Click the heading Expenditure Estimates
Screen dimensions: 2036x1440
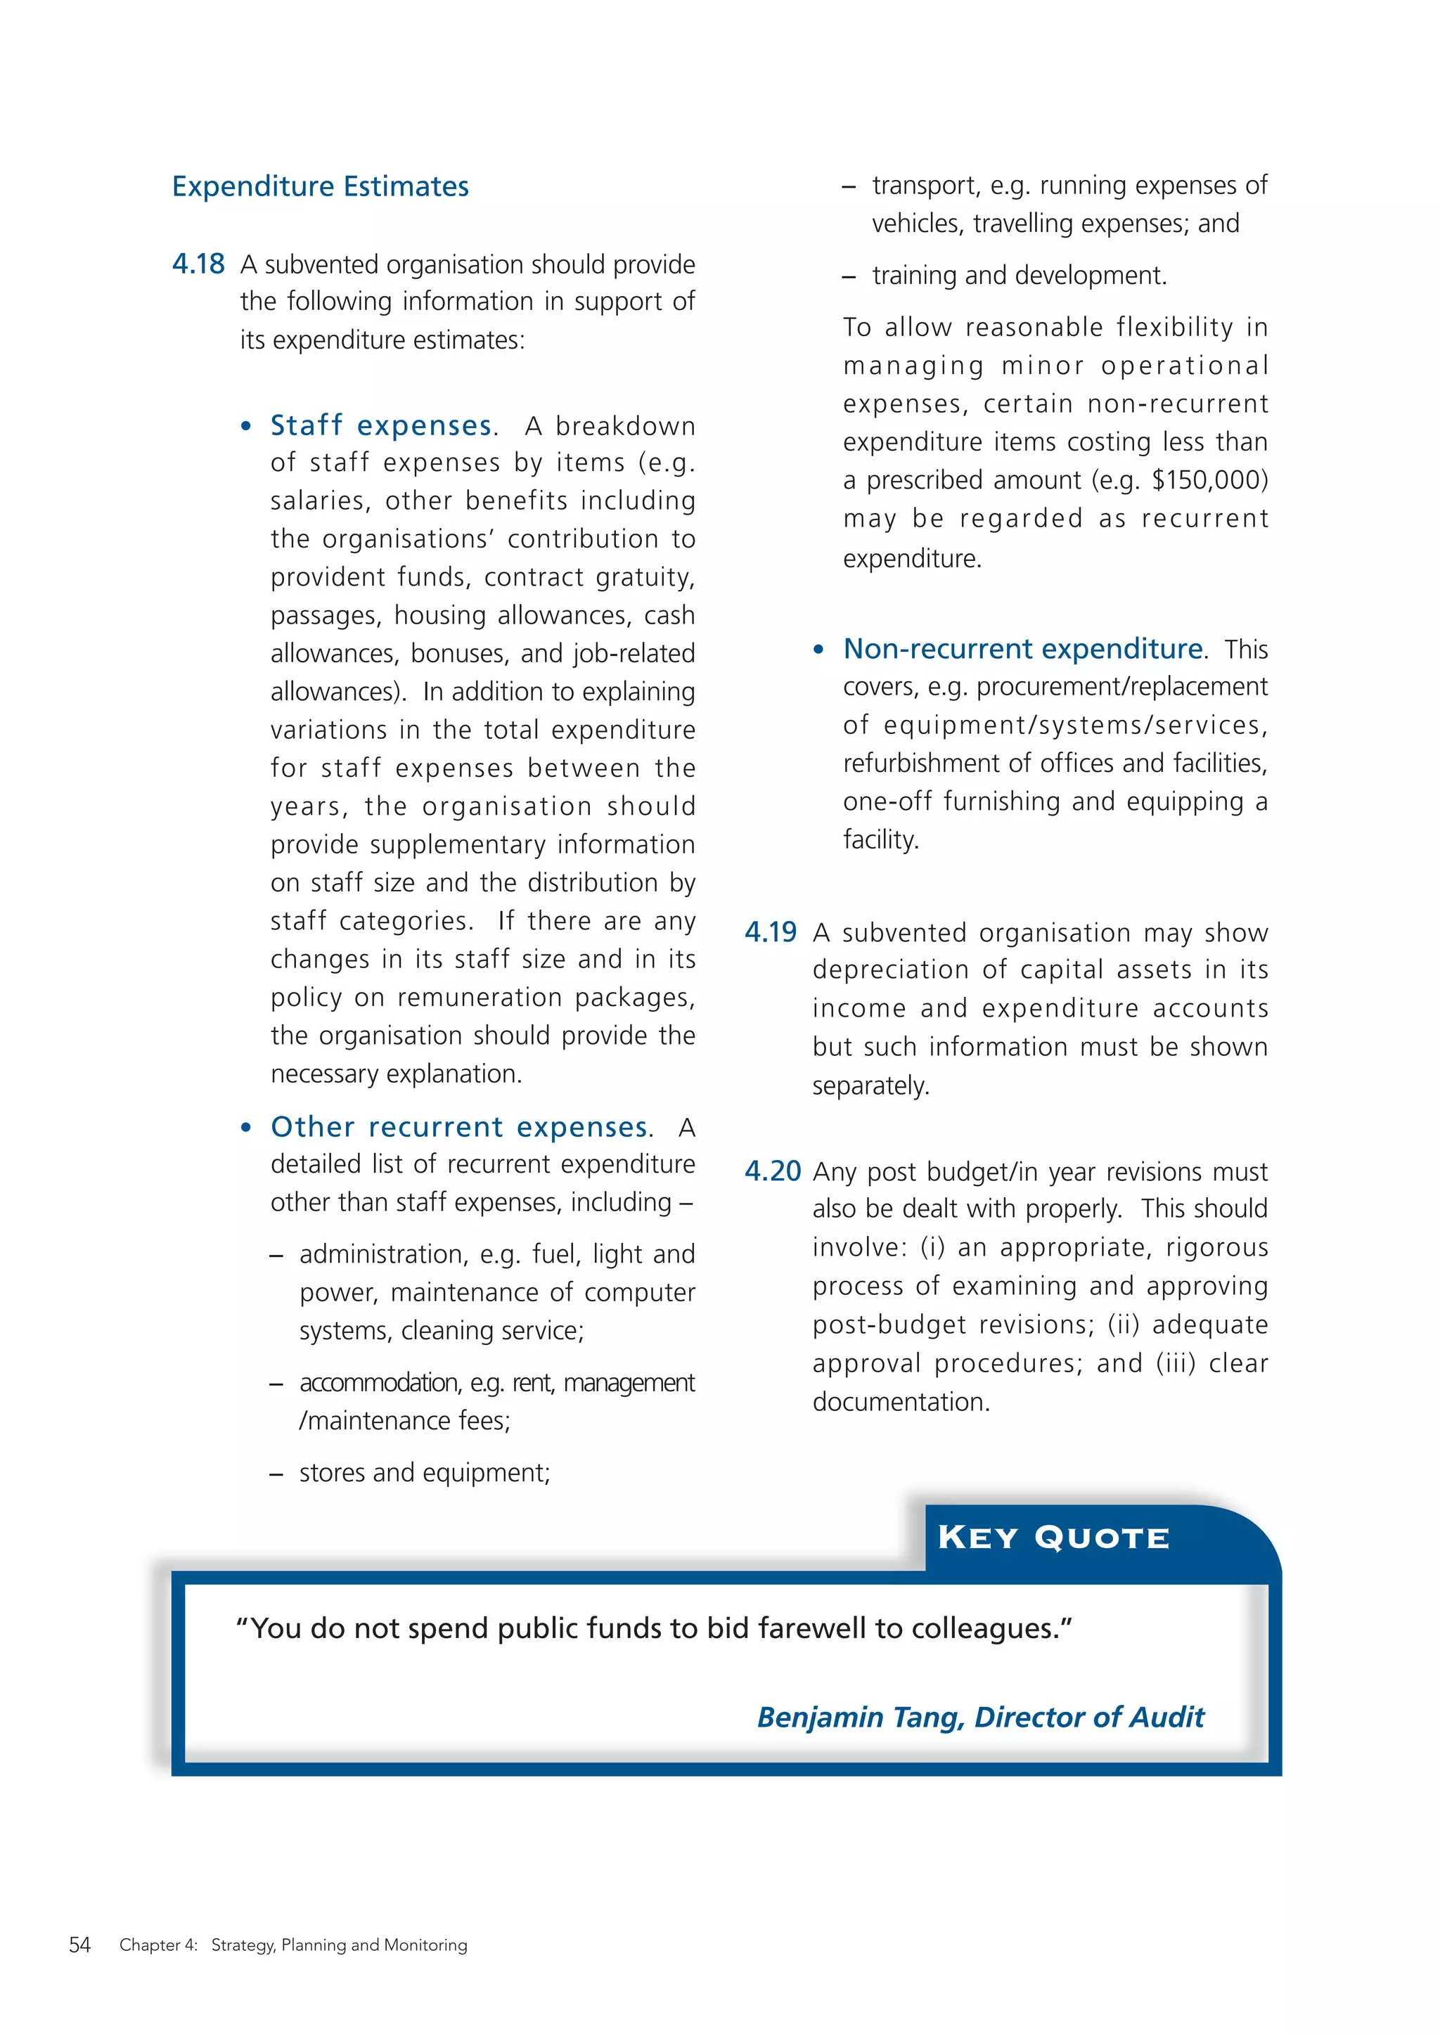tap(320, 186)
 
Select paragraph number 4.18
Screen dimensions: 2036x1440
tap(198, 264)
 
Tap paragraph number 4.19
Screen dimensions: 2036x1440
tap(771, 932)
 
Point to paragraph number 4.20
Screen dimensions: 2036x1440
tap(772, 1171)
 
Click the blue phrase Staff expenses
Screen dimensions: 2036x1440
tap(380, 425)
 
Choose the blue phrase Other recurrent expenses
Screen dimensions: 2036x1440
tap(459, 1127)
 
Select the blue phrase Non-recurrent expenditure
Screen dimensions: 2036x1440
tap(1023, 649)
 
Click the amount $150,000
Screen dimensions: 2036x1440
tap(1209, 479)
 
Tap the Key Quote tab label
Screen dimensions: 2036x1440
tap(1053, 1538)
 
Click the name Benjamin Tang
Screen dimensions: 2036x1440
tap(859, 1718)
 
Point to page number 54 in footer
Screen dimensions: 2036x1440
tap(79, 1945)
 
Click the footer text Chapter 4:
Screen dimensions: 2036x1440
tap(159, 1945)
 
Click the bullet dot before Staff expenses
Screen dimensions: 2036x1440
tap(247, 427)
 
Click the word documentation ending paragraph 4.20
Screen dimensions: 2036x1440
tap(900, 1402)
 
